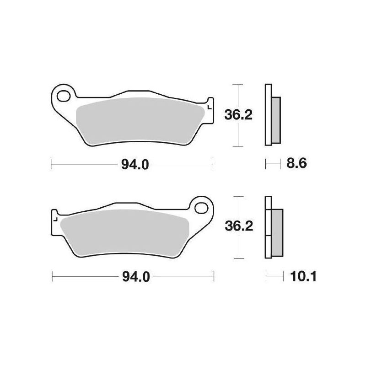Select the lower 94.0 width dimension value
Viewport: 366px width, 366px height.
(x=135, y=277)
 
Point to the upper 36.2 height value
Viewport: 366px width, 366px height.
(x=238, y=115)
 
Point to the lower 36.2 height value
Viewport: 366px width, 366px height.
(x=238, y=226)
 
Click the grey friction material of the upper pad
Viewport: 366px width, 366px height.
(x=142, y=120)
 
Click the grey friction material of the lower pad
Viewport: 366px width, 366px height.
(x=124, y=231)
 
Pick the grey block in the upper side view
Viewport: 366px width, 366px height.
(x=277, y=118)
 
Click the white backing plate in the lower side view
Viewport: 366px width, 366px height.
(x=269, y=227)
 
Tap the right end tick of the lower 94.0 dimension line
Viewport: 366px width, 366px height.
(x=214, y=276)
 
